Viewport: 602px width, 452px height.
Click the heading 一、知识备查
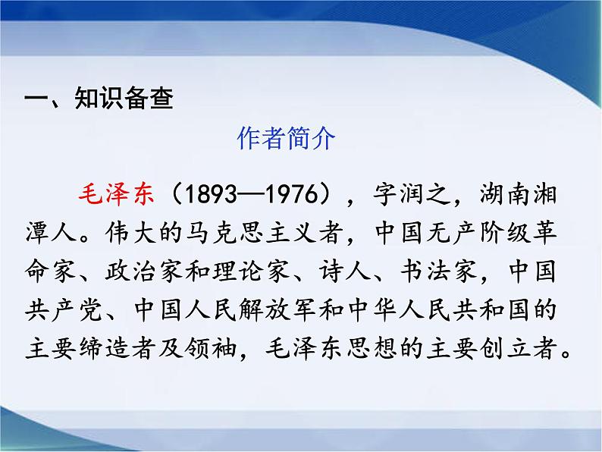point(99,99)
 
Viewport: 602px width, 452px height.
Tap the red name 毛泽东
point(116,193)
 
